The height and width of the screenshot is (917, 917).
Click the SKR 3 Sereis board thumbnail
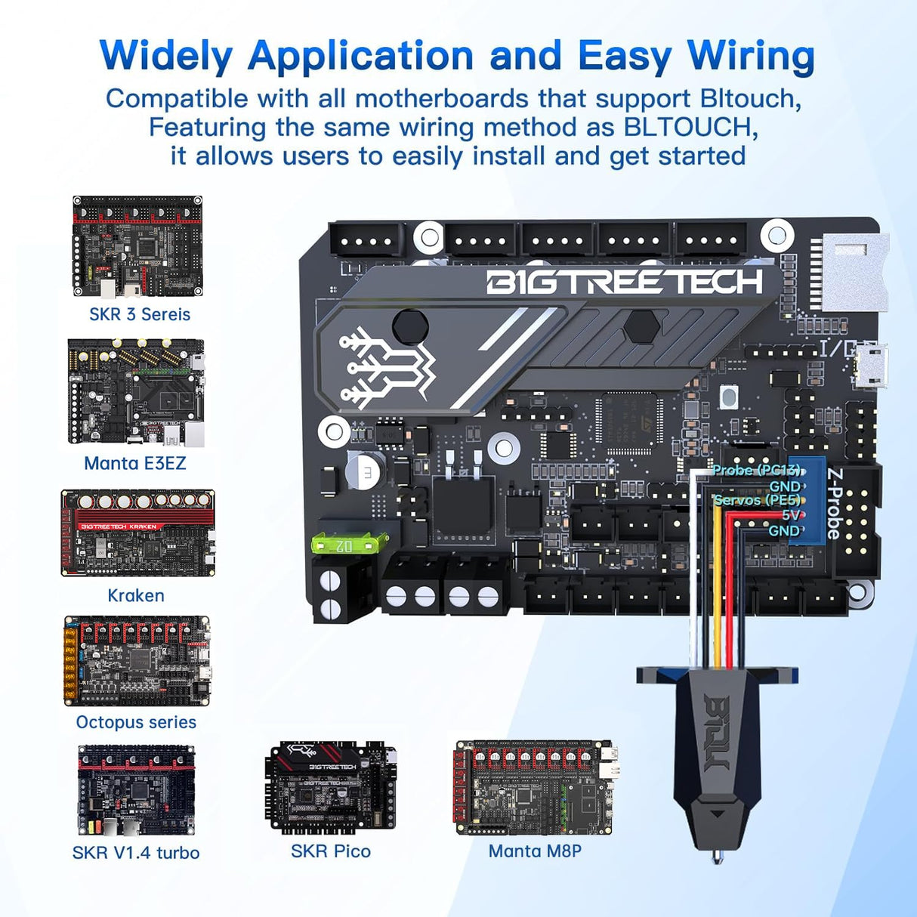(x=137, y=247)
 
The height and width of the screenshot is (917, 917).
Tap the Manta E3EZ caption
(x=134, y=463)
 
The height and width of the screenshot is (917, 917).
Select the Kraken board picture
(x=137, y=533)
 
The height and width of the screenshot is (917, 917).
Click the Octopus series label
(x=136, y=722)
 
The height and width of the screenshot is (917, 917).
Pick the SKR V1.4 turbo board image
(x=136, y=791)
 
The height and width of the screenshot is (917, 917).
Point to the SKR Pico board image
(x=331, y=788)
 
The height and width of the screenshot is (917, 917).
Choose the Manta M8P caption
(x=535, y=851)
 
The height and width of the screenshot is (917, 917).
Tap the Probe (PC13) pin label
(x=755, y=470)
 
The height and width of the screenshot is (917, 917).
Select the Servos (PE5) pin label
(x=756, y=500)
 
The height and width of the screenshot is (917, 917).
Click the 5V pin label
(x=790, y=515)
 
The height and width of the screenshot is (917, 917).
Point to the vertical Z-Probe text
(x=834, y=503)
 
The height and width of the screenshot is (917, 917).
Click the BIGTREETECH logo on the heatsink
(x=624, y=282)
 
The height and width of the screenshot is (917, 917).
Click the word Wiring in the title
(x=751, y=56)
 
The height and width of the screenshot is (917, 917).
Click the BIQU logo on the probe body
(x=715, y=733)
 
